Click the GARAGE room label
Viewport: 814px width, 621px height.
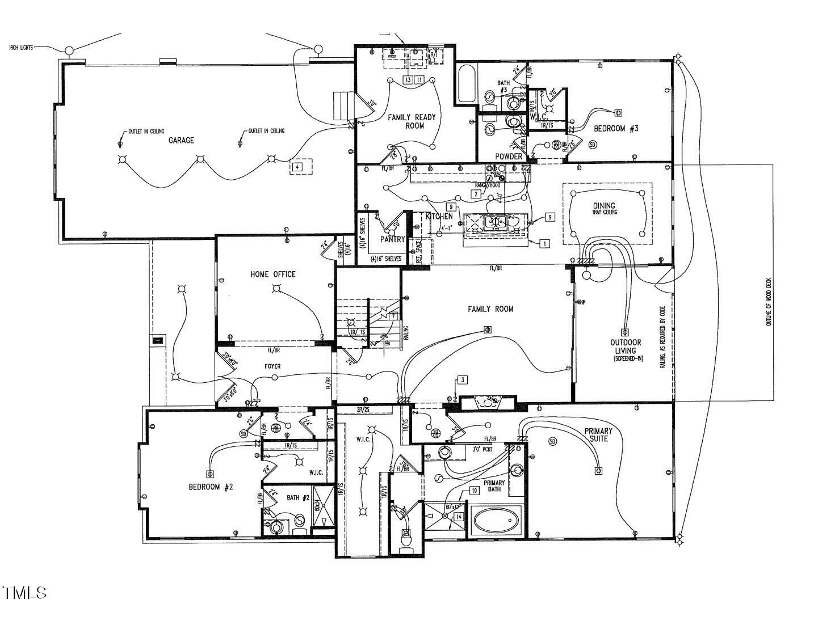[181, 140]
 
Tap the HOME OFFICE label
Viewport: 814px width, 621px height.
[272, 274]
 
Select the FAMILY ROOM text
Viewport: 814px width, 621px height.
[490, 309]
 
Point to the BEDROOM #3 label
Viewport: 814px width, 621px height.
[616, 129]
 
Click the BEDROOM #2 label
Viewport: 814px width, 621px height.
[211, 487]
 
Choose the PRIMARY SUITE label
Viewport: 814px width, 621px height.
[599, 434]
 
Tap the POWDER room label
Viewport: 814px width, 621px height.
[508, 157]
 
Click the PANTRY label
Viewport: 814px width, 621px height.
[392, 239]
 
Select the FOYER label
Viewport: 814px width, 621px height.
[272, 366]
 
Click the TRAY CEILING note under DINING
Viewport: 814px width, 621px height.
[606, 212]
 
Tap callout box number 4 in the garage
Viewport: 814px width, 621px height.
[296, 167]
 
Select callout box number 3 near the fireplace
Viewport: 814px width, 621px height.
[462, 379]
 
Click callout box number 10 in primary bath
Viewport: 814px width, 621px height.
[474, 490]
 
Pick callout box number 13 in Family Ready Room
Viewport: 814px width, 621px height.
[408, 80]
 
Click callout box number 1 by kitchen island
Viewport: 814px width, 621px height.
[544, 244]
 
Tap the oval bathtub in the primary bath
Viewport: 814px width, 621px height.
[497, 519]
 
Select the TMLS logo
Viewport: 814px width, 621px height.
[24, 593]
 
